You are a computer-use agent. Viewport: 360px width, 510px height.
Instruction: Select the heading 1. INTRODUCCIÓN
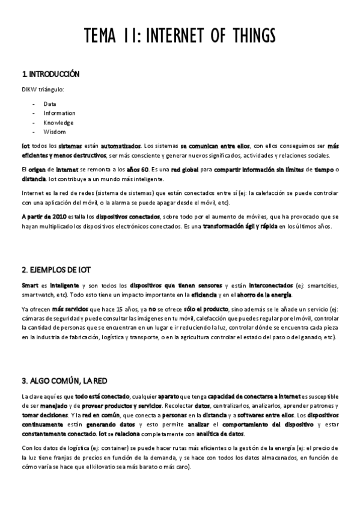[50, 74]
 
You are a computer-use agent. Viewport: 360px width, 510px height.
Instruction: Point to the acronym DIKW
[28, 90]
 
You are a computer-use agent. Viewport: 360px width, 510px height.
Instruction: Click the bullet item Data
[49, 103]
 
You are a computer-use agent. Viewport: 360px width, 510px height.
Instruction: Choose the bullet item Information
[59, 113]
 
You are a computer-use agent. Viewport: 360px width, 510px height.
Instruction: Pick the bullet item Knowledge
[58, 122]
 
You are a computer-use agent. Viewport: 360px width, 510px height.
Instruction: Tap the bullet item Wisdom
[54, 132]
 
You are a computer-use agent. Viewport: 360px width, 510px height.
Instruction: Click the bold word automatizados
[121, 146]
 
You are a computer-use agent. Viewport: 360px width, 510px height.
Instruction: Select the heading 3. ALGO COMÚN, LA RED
[64, 381]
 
